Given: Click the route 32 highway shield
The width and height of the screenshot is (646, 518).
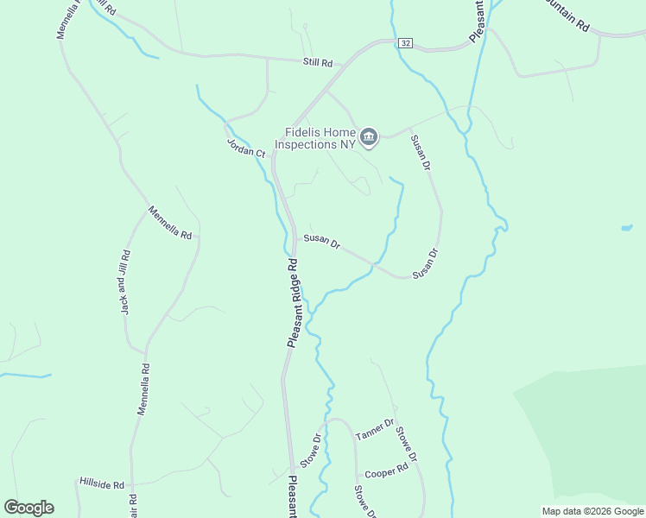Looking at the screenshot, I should click(x=406, y=43).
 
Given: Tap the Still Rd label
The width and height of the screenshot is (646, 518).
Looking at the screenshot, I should click(x=318, y=63).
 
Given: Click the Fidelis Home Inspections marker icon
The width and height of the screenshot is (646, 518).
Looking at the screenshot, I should click(x=369, y=136).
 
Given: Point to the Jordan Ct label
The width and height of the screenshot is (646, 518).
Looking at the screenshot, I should click(x=246, y=148).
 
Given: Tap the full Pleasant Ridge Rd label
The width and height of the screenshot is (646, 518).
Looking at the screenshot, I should click(x=292, y=303).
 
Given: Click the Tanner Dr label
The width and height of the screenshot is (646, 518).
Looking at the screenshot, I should click(x=374, y=429).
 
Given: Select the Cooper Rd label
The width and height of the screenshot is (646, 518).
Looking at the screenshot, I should click(x=386, y=473).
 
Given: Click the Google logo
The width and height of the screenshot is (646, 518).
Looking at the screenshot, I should click(x=28, y=508).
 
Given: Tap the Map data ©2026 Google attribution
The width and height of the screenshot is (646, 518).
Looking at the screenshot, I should click(x=592, y=511).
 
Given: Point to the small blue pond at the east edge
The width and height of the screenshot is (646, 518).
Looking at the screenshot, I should click(x=625, y=228).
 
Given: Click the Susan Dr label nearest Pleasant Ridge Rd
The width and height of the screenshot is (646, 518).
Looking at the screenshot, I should click(x=321, y=241).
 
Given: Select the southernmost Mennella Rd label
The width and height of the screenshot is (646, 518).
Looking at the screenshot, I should click(x=144, y=389).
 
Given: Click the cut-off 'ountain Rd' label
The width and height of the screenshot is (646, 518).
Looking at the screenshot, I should click(x=567, y=17).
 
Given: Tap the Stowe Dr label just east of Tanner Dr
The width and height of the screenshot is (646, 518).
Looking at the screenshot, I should click(x=407, y=444).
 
